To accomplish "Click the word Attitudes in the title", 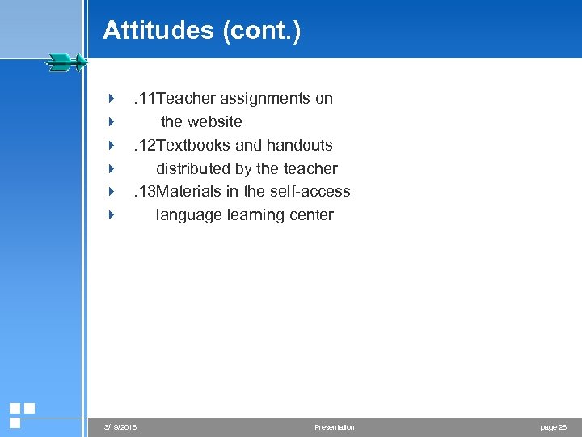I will tap(158, 31).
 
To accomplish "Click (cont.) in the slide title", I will tap(260, 31).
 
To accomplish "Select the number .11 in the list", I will tap(145, 99).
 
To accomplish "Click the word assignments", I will tap(266, 99).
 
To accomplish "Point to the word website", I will tap(213, 122).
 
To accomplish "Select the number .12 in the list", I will tap(145, 146).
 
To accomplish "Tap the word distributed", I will tap(192, 169).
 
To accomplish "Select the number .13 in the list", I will tap(145, 192).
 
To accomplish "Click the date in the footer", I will tap(120, 427).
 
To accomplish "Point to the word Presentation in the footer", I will tap(334, 427).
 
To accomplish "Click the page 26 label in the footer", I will tap(554, 427).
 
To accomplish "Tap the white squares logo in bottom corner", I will tap(21, 414).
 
